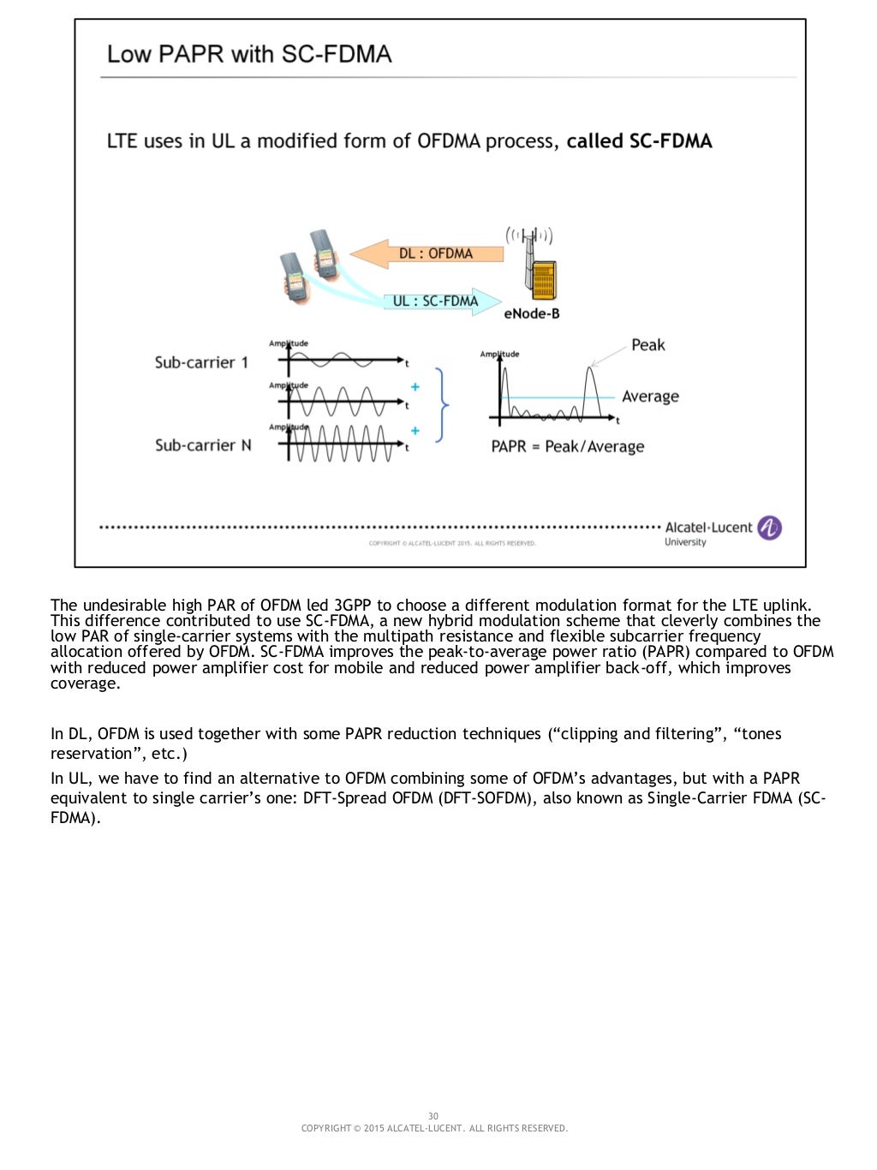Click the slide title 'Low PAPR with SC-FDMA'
pyautogui.click(x=249, y=54)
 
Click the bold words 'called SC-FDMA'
pyautogui.click(x=639, y=141)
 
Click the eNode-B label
pyautogui.click(x=531, y=314)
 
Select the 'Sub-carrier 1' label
pyautogui.click(x=201, y=362)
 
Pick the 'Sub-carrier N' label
pyautogui.click(x=203, y=445)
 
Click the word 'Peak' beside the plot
pyautogui.click(x=647, y=345)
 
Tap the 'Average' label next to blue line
pyautogui.click(x=650, y=397)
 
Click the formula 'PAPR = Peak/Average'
pyautogui.click(x=567, y=446)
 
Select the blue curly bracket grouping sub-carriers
pyautogui.click(x=442, y=404)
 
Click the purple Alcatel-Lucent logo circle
pyautogui.click(x=769, y=528)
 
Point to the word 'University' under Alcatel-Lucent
pyautogui.click(x=685, y=542)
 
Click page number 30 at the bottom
pyautogui.click(x=433, y=1116)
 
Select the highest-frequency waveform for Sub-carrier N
pyautogui.click(x=343, y=444)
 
